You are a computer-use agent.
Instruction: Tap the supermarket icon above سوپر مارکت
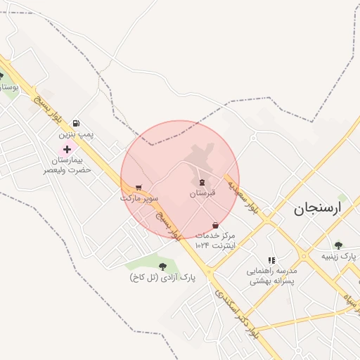coord(138,188)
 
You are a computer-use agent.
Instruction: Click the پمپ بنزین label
coord(75,132)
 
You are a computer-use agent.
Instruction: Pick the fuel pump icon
coord(76,122)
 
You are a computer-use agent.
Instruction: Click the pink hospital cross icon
coord(67,148)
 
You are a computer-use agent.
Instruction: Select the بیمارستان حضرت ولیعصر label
coord(67,165)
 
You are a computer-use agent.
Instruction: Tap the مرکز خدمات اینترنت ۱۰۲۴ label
coord(215,240)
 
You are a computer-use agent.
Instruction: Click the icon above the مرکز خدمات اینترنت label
coord(215,225)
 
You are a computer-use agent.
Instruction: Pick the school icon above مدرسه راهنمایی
coord(271,260)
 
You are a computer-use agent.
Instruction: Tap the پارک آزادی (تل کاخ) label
coord(162,278)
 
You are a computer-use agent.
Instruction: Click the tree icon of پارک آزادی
coord(163,266)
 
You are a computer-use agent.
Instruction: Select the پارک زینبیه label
coord(339,257)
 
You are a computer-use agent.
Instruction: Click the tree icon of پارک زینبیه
coord(338,245)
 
